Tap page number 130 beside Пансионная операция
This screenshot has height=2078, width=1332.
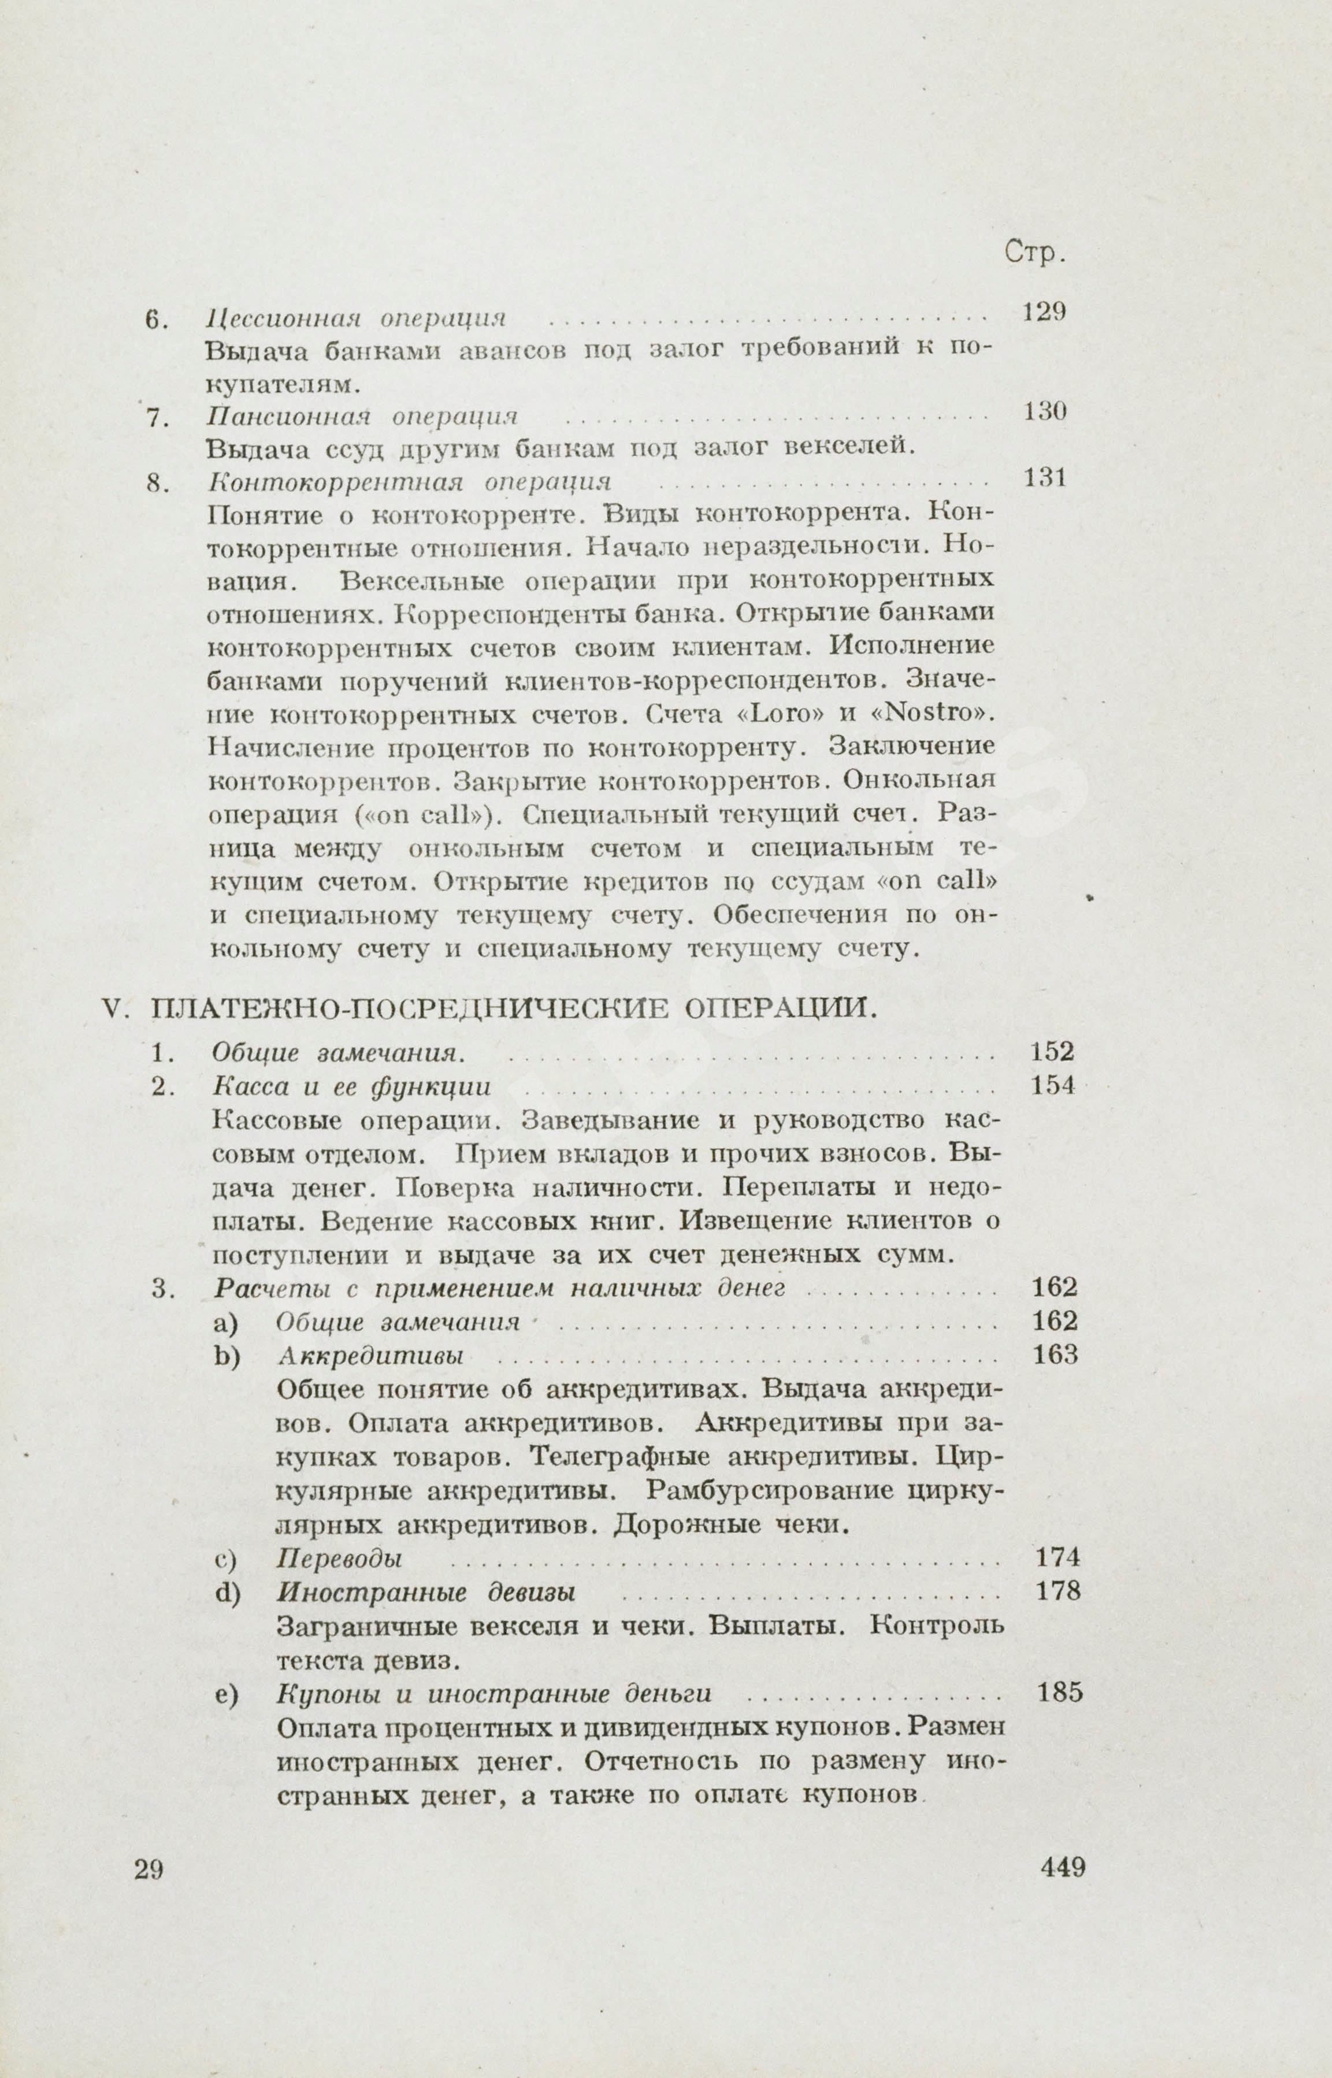tap(1044, 411)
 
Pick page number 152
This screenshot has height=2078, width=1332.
tap(1052, 1052)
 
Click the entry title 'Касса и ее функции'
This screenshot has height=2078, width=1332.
tap(351, 1087)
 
